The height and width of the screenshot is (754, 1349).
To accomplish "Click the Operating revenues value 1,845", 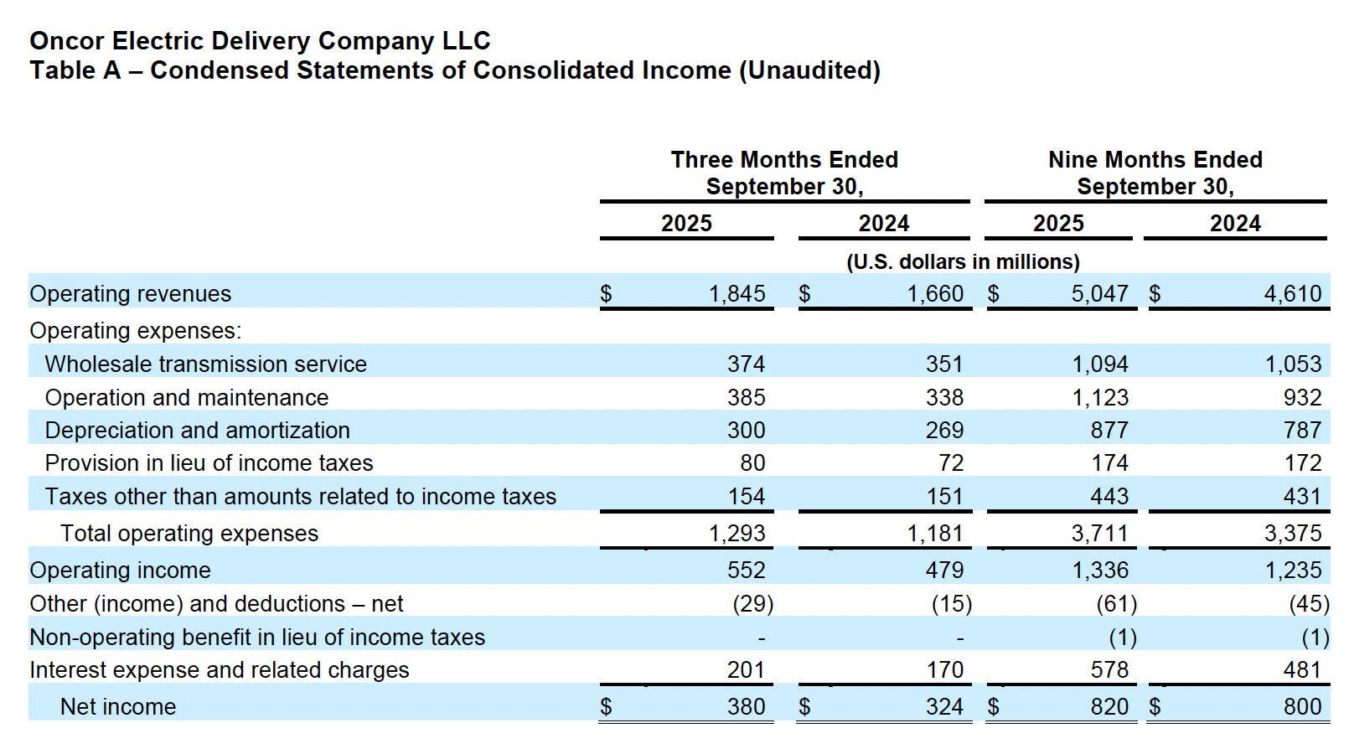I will (x=737, y=294).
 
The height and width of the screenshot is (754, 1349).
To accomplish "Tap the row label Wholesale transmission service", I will (x=205, y=364).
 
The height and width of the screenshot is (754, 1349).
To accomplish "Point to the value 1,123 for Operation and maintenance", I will (x=1100, y=397).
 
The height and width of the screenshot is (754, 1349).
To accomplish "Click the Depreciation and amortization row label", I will (x=197, y=431).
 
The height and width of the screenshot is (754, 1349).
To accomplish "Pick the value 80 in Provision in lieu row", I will (x=752, y=463).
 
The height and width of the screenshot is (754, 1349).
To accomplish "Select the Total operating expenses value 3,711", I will (x=1100, y=534).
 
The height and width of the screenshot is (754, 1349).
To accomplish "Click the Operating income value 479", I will (x=944, y=571).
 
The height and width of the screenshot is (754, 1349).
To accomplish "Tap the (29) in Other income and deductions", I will (x=752, y=604).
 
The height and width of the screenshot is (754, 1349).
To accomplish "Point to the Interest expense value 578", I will (x=1109, y=670).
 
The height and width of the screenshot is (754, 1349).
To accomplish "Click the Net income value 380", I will (x=746, y=707).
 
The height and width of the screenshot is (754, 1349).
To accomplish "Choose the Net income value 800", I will (x=1302, y=707).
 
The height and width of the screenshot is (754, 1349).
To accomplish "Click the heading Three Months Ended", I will (x=784, y=160).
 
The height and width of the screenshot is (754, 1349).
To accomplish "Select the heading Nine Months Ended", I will (x=1155, y=160).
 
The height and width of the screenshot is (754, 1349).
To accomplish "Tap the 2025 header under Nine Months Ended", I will (x=1058, y=224).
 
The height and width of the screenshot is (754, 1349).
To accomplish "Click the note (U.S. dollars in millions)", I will (x=963, y=262).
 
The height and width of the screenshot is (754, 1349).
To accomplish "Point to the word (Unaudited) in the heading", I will (x=809, y=70).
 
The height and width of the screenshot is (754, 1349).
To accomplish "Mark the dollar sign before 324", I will (x=804, y=707).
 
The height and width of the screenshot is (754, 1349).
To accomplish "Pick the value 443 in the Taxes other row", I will (x=1109, y=497).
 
